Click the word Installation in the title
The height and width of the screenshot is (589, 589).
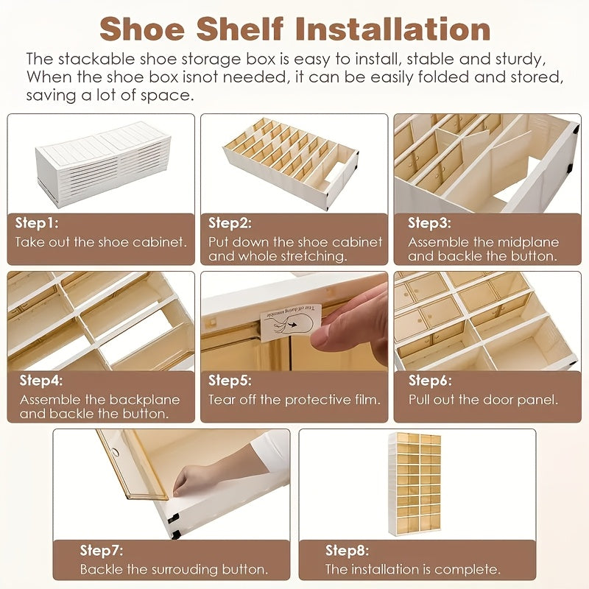coord(393,29)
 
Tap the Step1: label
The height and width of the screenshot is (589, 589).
coord(37,223)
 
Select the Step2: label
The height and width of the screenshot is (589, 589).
coord(230,223)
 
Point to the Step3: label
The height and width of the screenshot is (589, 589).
coord(429,223)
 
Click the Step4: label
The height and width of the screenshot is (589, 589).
coord(41,381)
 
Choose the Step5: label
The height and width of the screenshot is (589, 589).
coord(230,381)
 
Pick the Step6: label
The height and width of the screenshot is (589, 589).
coord(430,381)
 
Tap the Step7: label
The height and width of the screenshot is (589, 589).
coord(102,551)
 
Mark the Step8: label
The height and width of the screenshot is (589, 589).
coord(347,551)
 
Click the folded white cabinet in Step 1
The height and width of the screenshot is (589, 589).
coord(102,163)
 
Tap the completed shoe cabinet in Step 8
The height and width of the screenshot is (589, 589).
coord(415,484)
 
